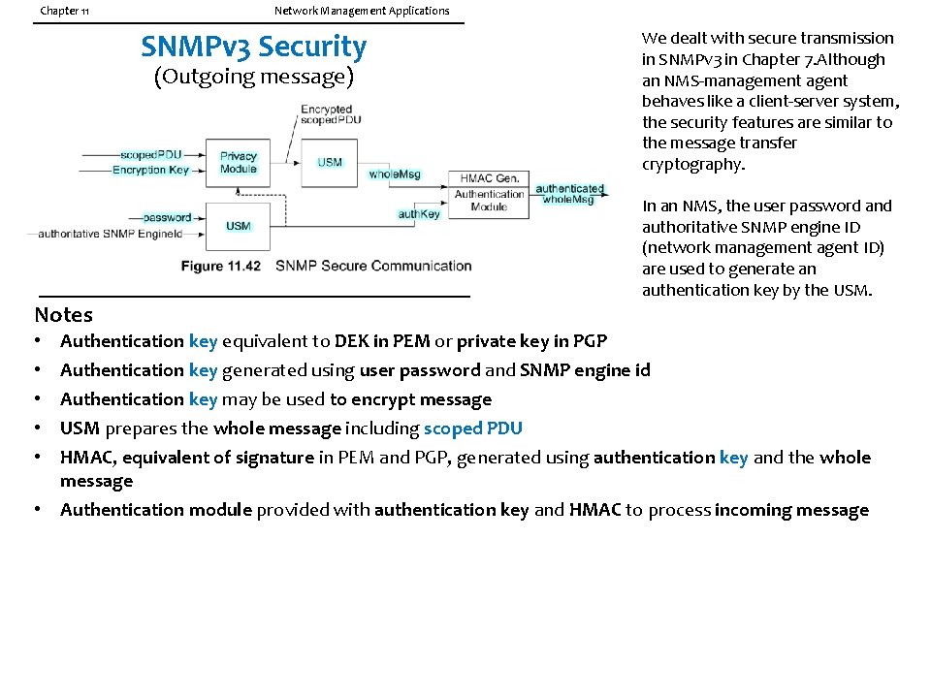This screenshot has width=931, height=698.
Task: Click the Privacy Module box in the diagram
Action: pos(239,163)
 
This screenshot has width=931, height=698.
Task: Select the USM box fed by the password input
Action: pos(239,226)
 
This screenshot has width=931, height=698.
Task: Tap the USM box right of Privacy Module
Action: pos(330,162)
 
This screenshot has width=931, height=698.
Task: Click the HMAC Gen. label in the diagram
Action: pos(489,178)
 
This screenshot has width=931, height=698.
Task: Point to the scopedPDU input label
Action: pos(150,155)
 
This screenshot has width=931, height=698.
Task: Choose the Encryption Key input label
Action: pos(151,170)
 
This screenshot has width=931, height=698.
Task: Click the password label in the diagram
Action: pos(167,217)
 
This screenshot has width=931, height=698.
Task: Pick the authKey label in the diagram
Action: pos(419,214)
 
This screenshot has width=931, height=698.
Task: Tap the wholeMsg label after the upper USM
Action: pos(395,174)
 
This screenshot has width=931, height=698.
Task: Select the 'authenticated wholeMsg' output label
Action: pos(569,194)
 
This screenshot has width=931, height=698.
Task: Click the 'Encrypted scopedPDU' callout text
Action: pos(326,114)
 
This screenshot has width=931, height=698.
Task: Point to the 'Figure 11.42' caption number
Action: pos(220,266)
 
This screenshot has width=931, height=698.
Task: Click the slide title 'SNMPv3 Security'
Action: pos(254,47)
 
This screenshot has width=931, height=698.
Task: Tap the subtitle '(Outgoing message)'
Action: pos(254,77)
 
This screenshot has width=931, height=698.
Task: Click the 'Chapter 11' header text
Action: pos(65,12)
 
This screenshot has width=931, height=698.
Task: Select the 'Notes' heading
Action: pos(64,315)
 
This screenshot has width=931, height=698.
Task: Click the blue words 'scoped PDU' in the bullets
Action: pos(472,428)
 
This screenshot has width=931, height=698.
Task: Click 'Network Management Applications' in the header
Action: pos(362,11)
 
